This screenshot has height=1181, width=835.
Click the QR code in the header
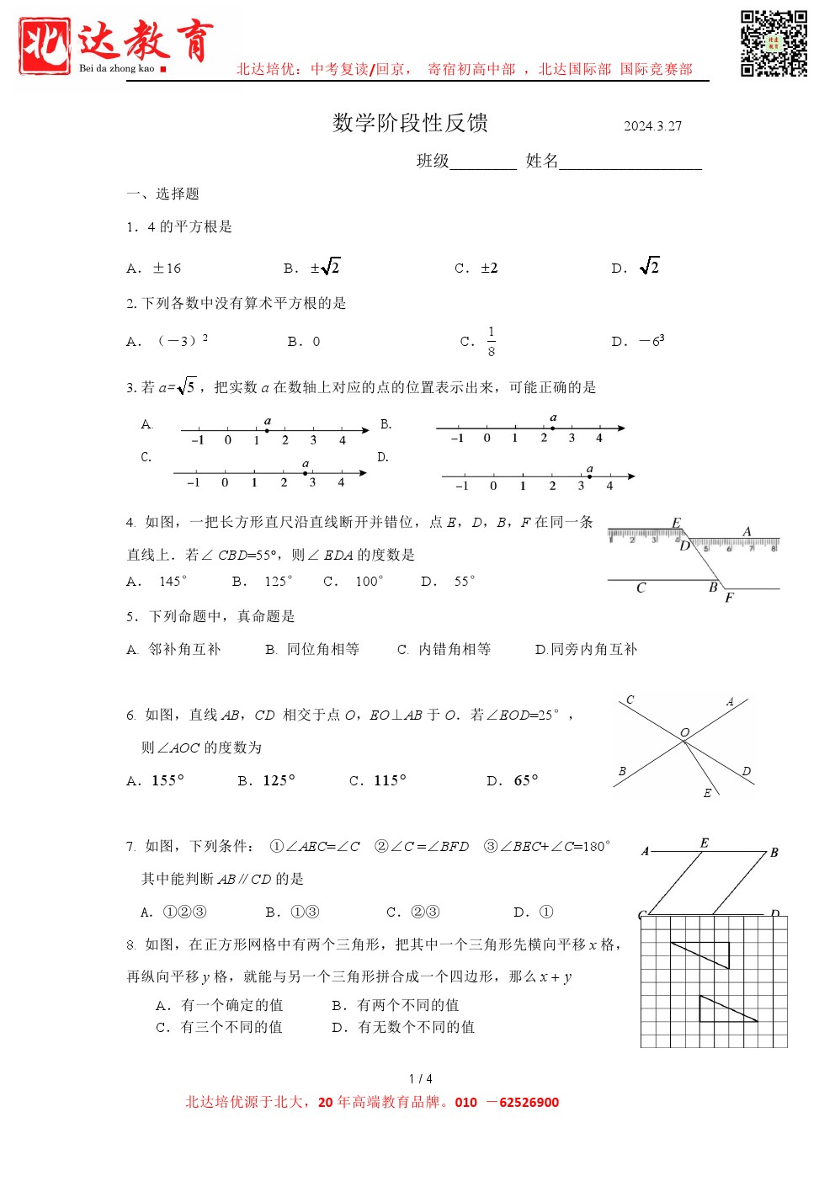774,44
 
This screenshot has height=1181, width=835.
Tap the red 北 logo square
45,46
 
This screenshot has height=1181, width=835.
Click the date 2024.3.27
652,126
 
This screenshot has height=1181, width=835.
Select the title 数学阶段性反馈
410,123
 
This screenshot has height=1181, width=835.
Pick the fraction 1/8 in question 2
492,342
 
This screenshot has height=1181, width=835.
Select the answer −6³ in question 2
652,342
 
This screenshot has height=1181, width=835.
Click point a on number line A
267,430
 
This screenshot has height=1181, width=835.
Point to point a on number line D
589,476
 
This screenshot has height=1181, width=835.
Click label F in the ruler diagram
729,598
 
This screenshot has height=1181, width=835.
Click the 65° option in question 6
525,781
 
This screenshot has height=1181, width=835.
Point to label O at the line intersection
684,732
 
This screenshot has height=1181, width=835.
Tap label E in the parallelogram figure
704,843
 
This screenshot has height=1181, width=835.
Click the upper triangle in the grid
708,953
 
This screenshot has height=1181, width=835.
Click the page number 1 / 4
420,1078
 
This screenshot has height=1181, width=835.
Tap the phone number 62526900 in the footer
529,1103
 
